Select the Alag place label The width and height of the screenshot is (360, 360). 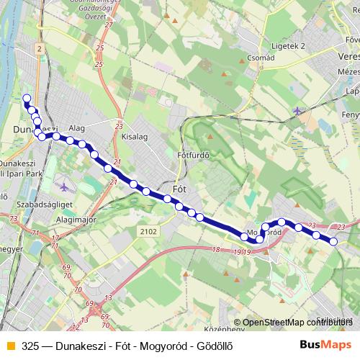(x=76, y=127)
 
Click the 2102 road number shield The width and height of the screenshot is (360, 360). (x=148, y=230)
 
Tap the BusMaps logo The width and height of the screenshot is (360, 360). (x=330, y=344)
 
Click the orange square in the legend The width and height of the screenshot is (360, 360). (x=9, y=345)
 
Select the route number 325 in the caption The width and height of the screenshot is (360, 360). (x=30, y=345)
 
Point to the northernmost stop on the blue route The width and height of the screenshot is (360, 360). (x=27, y=98)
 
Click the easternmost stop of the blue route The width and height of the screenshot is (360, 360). (x=333, y=241)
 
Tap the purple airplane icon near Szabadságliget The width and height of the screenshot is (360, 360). (x=64, y=187)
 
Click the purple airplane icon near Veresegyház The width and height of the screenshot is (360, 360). (x=298, y=110)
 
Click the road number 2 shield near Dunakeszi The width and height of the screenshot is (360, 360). (x=39, y=48)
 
